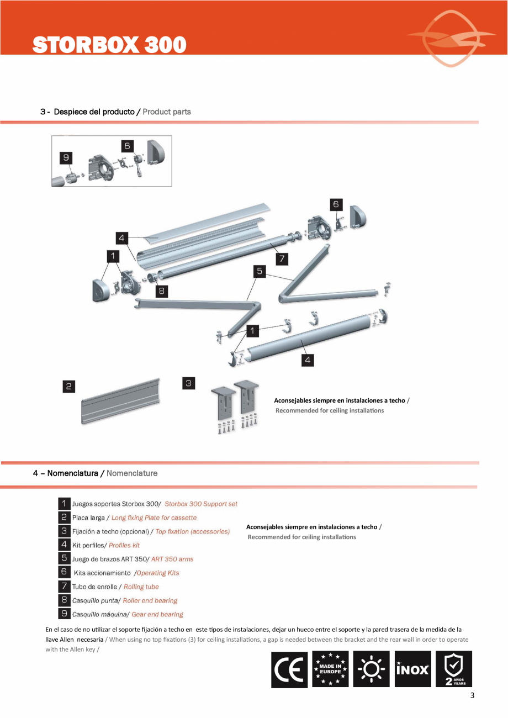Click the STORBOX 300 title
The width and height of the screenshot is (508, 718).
tap(109, 45)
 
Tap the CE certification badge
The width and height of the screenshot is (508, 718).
tap(289, 669)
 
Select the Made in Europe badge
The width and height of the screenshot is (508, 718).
tap(330, 669)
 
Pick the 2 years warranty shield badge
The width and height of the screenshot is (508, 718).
tap(454, 669)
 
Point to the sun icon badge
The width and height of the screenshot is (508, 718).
tap(372, 669)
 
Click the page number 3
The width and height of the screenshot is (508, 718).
tap(472, 695)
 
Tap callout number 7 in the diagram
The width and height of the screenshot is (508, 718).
tap(281, 258)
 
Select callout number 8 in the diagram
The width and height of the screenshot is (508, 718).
tap(161, 291)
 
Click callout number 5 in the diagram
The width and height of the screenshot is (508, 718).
tap(260, 271)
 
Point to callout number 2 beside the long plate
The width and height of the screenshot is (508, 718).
tap(68, 387)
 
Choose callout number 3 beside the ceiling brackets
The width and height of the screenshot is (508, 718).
tap(189, 383)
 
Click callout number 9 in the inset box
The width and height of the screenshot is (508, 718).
tap(66, 158)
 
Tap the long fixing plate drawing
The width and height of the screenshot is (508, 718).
tap(121, 401)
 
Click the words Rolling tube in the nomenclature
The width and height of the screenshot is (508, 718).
tap(141, 587)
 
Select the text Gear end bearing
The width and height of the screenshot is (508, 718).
tap(157, 614)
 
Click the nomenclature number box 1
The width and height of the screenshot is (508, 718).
tap(64, 504)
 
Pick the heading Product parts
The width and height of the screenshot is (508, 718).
tap(167, 112)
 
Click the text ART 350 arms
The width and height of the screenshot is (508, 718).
tap(172, 559)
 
